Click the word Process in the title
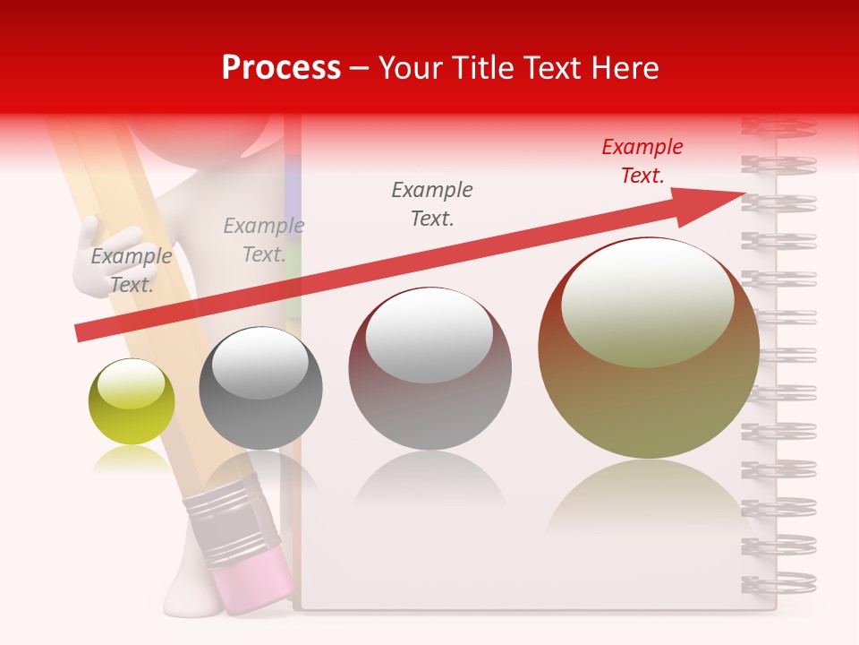tap(281, 68)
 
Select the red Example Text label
tap(642, 161)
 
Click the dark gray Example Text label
tap(432, 204)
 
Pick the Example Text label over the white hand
tap(132, 270)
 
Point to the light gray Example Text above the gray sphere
tap(263, 240)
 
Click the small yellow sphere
tap(132, 402)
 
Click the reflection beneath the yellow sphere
tap(131, 460)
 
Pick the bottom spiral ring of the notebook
tap(778, 582)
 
